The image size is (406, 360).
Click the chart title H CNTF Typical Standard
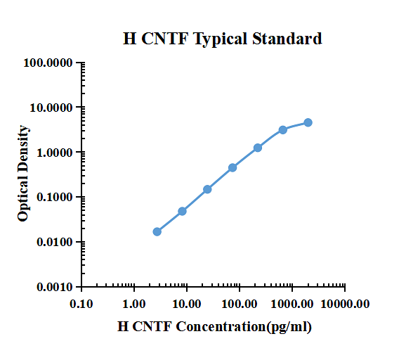pos(223,39)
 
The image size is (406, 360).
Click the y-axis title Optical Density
pos(23,173)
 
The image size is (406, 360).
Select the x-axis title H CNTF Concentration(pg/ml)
pos(214,326)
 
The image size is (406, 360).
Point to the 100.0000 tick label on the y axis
pos(48,63)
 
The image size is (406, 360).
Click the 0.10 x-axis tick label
pos(81,303)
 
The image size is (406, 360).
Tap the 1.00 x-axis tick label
pos(134,303)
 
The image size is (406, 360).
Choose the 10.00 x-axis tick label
pos(187,303)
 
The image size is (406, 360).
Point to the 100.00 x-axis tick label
pos(240,303)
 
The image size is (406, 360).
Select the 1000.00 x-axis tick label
pos(292,303)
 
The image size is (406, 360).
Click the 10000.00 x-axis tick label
pos(345,303)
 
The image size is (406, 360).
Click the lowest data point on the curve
pos(157,231)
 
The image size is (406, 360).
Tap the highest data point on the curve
pos(308,122)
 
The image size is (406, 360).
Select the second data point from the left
pos(182,211)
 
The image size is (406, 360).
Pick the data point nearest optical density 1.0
pos(258,148)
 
